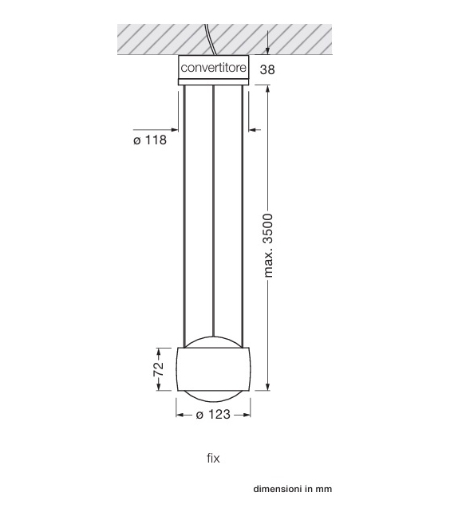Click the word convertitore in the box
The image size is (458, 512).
[x=213, y=69]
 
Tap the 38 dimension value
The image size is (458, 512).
[x=267, y=69]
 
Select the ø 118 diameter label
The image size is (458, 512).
[x=150, y=141]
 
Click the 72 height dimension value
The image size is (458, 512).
[x=158, y=368]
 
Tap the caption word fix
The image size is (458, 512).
[x=213, y=458]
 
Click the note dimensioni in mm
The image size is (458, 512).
[x=292, y=489]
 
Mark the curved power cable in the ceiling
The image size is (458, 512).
[x=209, y=40]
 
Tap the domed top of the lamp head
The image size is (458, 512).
[x=213, y=341]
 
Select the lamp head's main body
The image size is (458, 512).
[x=213, y=368]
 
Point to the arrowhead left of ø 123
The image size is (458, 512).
[x=180, y=415]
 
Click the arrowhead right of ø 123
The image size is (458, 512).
[x=246, y=415]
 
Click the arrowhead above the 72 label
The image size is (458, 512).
[x=158, y=352]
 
